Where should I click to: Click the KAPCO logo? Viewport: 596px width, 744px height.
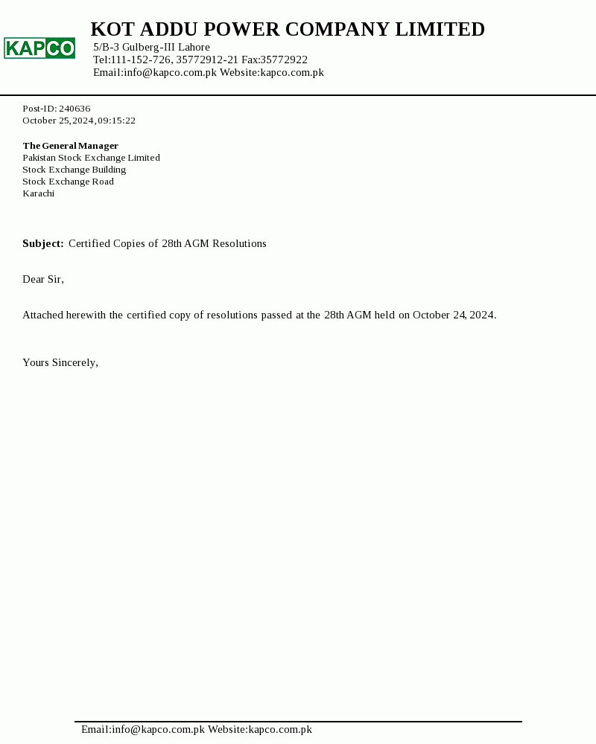(x=39, y=48)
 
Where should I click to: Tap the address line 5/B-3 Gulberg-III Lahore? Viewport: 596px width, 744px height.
(x=151, y=48)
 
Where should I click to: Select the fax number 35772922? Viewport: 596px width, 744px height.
(x=284, y=60)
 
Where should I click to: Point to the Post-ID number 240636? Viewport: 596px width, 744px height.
(x=74, y=109)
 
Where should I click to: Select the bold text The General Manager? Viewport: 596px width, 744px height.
(x=70, y=146)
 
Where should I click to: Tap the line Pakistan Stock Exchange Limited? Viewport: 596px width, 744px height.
(x=91, y=158)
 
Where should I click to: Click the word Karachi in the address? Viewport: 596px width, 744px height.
(x=38, y=193)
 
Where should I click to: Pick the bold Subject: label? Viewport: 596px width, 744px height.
(x=42, y=244)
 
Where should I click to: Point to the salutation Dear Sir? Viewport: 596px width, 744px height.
(x=43, y=280)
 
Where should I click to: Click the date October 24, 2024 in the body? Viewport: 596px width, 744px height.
(x=454, y=315)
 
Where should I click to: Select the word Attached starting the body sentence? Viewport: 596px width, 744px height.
(x=42, y=315)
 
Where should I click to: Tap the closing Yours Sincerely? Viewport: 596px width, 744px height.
(x=60, y=363)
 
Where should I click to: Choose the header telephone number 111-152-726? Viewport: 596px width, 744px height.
(x=141, y=60)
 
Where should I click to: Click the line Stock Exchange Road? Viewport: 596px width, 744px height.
(x=68, y=182)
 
